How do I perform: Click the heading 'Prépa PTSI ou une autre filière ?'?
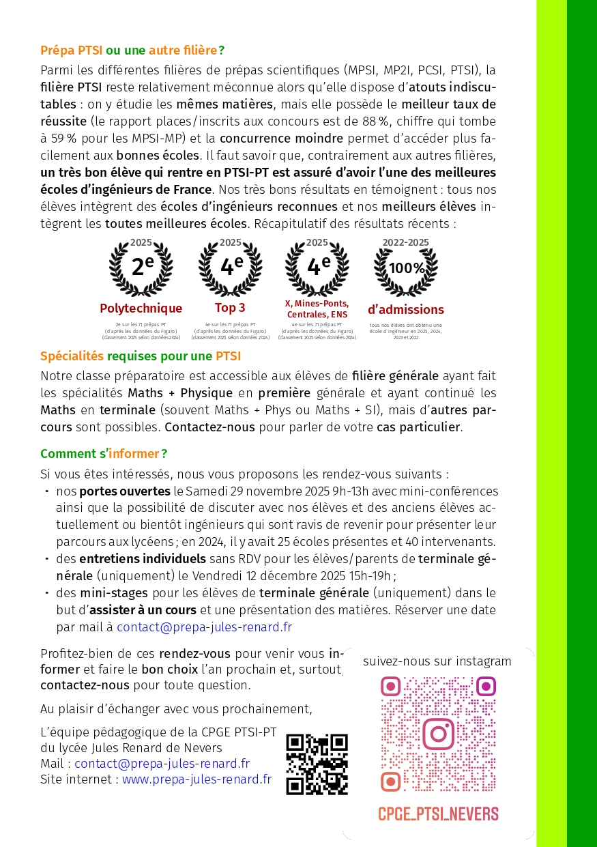[x=132, y=50]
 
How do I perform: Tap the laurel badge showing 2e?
[x=141, y=266]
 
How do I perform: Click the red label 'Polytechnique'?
[x=141, y=308]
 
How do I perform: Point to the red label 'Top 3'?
[x=230, y=308]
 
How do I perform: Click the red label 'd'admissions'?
[x=406, y=310]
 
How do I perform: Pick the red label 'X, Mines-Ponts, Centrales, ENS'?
[x=317, y=308]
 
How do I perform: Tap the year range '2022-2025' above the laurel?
[x=406, y=242]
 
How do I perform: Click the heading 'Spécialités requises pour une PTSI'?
[x=141, y=356]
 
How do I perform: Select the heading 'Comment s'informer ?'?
[x=104, y=454]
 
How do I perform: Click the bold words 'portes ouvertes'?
[x=125, y=491]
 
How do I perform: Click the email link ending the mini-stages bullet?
[x=204, y=627]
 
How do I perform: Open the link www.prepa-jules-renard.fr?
[x=196, y=779]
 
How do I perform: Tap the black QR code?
[x=317, y=764]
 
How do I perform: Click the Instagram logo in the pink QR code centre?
[x=438, y=734]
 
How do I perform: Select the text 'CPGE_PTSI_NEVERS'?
[x=438, y=814]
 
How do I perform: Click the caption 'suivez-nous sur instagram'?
[x=437, y=661]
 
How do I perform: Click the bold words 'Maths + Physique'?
[x=181, y=394]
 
